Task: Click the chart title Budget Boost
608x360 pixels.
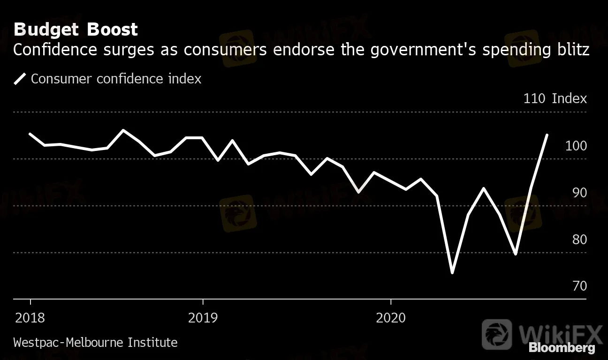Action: pyautogui.click(x=76, y=30)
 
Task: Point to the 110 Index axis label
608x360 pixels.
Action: pyautogui.click(x=555, y=98)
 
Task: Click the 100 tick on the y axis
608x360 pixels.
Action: pyautogui.click(x=576, y=146)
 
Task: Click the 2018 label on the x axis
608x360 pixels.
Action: pyautogui.click(x=30, y=318)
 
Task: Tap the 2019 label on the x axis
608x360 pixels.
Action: pyautogui.click(x=203, y=318)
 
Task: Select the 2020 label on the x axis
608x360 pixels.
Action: pyautogui.click(x=391, y=318)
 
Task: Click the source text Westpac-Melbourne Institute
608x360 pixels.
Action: pyautogui.click(x=95, y=343)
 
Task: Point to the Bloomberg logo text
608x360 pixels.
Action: pyautogui.click(x=562, y=348)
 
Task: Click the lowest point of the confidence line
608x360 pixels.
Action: pyautogui.click(x=452, y=272)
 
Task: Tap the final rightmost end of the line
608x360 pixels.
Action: pyautogui.click(x=547, y=135)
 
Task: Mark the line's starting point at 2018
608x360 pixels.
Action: pyautogui.click(x=30, y=134)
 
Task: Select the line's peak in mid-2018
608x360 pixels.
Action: pyautogui.click(x=123, y=130)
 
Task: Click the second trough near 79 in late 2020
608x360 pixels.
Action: pyautogui.click(x=516, y=254)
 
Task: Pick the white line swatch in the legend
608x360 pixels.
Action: pyautogui.click(x=20, y=79)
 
